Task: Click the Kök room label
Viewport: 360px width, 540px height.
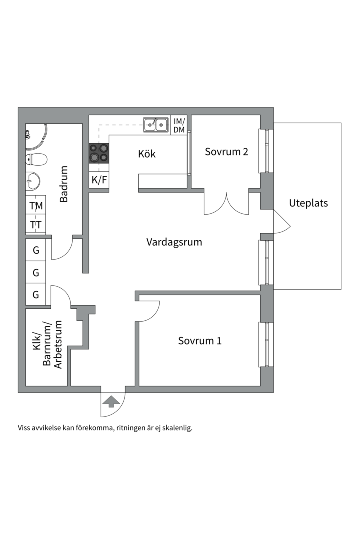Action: [147, 154]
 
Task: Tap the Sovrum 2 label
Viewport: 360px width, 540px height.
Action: [226, 151]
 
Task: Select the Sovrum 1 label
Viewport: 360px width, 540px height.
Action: [200, 341]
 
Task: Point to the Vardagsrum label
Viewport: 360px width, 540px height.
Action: [174, 242]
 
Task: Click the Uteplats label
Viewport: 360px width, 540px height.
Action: [308, 203]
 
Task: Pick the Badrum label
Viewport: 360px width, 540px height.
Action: [64, 184]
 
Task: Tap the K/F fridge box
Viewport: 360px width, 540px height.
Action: [99, 180]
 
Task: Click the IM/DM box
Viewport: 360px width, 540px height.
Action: [179, 125]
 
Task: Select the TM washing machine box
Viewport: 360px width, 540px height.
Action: [36, 205]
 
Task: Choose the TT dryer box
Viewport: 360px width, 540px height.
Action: [36, 225]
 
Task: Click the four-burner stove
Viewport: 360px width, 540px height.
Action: [99, 153]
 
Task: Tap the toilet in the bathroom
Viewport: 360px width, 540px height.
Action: [36, 160]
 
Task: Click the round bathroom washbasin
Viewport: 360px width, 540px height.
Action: [33, 181]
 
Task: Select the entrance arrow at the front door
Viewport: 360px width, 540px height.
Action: [110, 400]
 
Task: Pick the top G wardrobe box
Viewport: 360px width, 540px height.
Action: [36, 250]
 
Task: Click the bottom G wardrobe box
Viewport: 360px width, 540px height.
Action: [36, 295]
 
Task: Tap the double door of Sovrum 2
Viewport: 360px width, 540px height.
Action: [226, 204]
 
